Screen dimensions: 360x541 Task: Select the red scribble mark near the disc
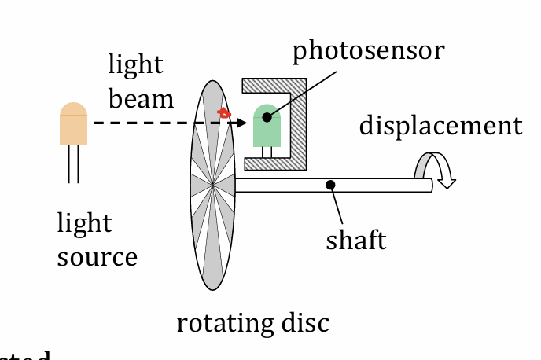224,113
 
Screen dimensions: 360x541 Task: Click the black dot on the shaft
331,185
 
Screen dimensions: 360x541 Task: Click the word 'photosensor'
368,51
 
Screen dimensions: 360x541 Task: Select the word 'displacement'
440,126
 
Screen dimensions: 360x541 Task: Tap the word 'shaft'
356,240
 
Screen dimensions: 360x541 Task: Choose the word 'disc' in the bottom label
304,323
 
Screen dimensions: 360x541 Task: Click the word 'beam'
141,99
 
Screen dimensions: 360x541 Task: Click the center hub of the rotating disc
213,186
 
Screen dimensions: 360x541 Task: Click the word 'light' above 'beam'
135,64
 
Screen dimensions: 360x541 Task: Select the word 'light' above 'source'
84,223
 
